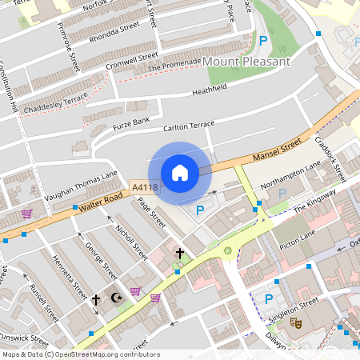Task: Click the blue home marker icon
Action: [x=180, y=173]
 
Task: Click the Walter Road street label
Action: [x=100, y=202]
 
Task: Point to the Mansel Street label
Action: [x=275, y=150]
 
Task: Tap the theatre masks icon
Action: [x=295, y=324]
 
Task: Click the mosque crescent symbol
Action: [x=116, y=298]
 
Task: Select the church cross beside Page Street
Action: [x=180, y=254]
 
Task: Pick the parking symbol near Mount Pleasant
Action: [x=262, y=41]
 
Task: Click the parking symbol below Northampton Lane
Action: [x=282, y=193]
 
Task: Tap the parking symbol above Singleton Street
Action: [x=269, y=299]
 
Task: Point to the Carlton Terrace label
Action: [x=189, y=126]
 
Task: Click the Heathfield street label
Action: [x=210, y=90]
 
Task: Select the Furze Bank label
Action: [x=130, y=122]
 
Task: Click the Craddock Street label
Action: [x=330, y=160]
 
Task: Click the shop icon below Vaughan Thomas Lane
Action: [x=26, y=214]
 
